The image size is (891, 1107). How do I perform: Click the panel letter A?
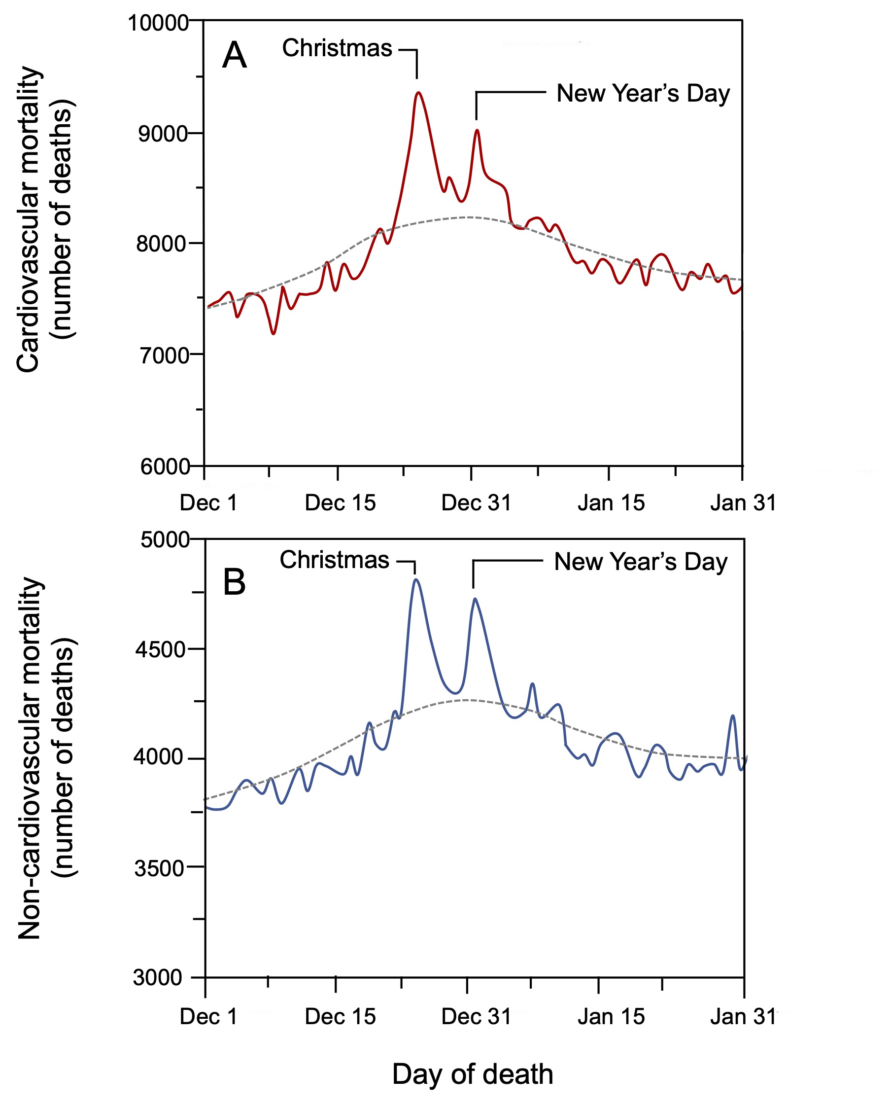[235, 55]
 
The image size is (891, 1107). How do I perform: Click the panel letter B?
[235, 582]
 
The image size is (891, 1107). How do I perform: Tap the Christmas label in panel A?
[337, 48]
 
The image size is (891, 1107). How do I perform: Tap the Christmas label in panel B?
[335, 560]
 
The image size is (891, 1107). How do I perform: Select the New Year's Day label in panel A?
[643, 94]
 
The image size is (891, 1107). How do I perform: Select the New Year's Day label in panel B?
[641, 562]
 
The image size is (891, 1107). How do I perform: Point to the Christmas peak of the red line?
[419, 92]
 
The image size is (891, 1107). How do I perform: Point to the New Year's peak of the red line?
[478, 130]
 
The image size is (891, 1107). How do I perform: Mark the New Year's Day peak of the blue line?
[475, 599]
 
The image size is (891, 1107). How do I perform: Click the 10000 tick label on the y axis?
[158, 23]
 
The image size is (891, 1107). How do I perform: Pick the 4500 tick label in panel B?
[160, 649]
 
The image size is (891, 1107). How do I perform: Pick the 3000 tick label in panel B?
[158, 977]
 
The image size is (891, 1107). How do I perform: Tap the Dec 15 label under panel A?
[340, 502]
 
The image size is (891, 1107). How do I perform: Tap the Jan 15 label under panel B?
[611, 1017]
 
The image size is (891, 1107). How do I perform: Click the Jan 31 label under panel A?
[743, 502]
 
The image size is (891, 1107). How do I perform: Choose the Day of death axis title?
[473, 1074]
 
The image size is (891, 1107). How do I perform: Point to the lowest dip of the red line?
[273, 334]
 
